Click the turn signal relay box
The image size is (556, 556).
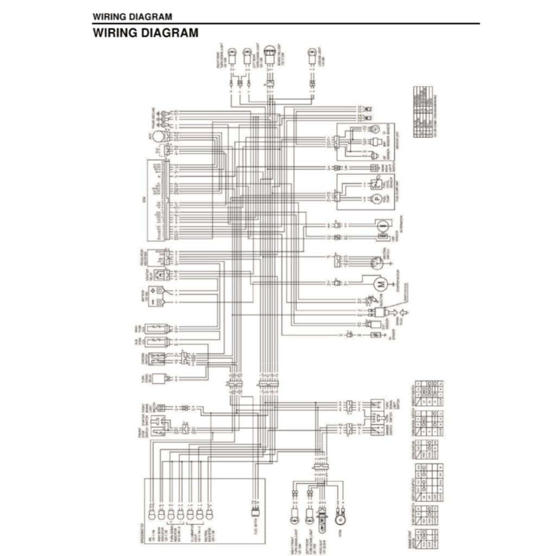(x=159, y=380)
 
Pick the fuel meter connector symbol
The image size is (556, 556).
(x=255, y=513)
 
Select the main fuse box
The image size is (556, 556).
(x=159, y=329)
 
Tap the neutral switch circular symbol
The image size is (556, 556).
(x=376, y=262)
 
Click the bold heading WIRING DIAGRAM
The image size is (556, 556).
(x=146, y=33)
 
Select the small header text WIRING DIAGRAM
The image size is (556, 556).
(x=132, y=17)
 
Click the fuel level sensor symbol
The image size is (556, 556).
(x=376, y=184)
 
